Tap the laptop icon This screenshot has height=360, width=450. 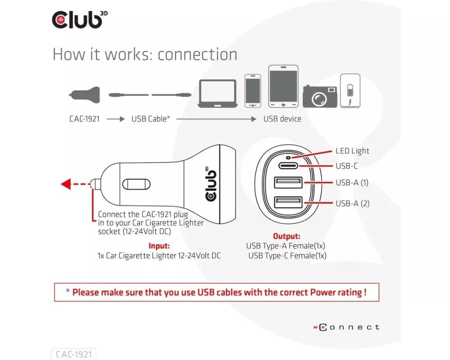point(217,94)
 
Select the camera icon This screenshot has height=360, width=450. point(319,96)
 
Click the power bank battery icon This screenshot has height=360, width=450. point(350,90)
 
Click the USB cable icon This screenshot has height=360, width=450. point(150,95)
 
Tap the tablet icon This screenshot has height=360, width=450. point(283,86)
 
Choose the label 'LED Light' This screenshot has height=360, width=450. point(352,151)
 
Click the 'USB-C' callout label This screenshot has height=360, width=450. point(346,166)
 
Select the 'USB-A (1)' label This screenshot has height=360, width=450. point(352,183)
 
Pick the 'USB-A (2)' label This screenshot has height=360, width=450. point(352,203)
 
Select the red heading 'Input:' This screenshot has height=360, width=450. point(159,246)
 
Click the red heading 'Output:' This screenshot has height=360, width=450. point(287,236)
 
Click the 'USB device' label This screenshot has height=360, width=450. point(282,119)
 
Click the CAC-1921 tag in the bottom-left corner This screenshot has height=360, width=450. point(74,355)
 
